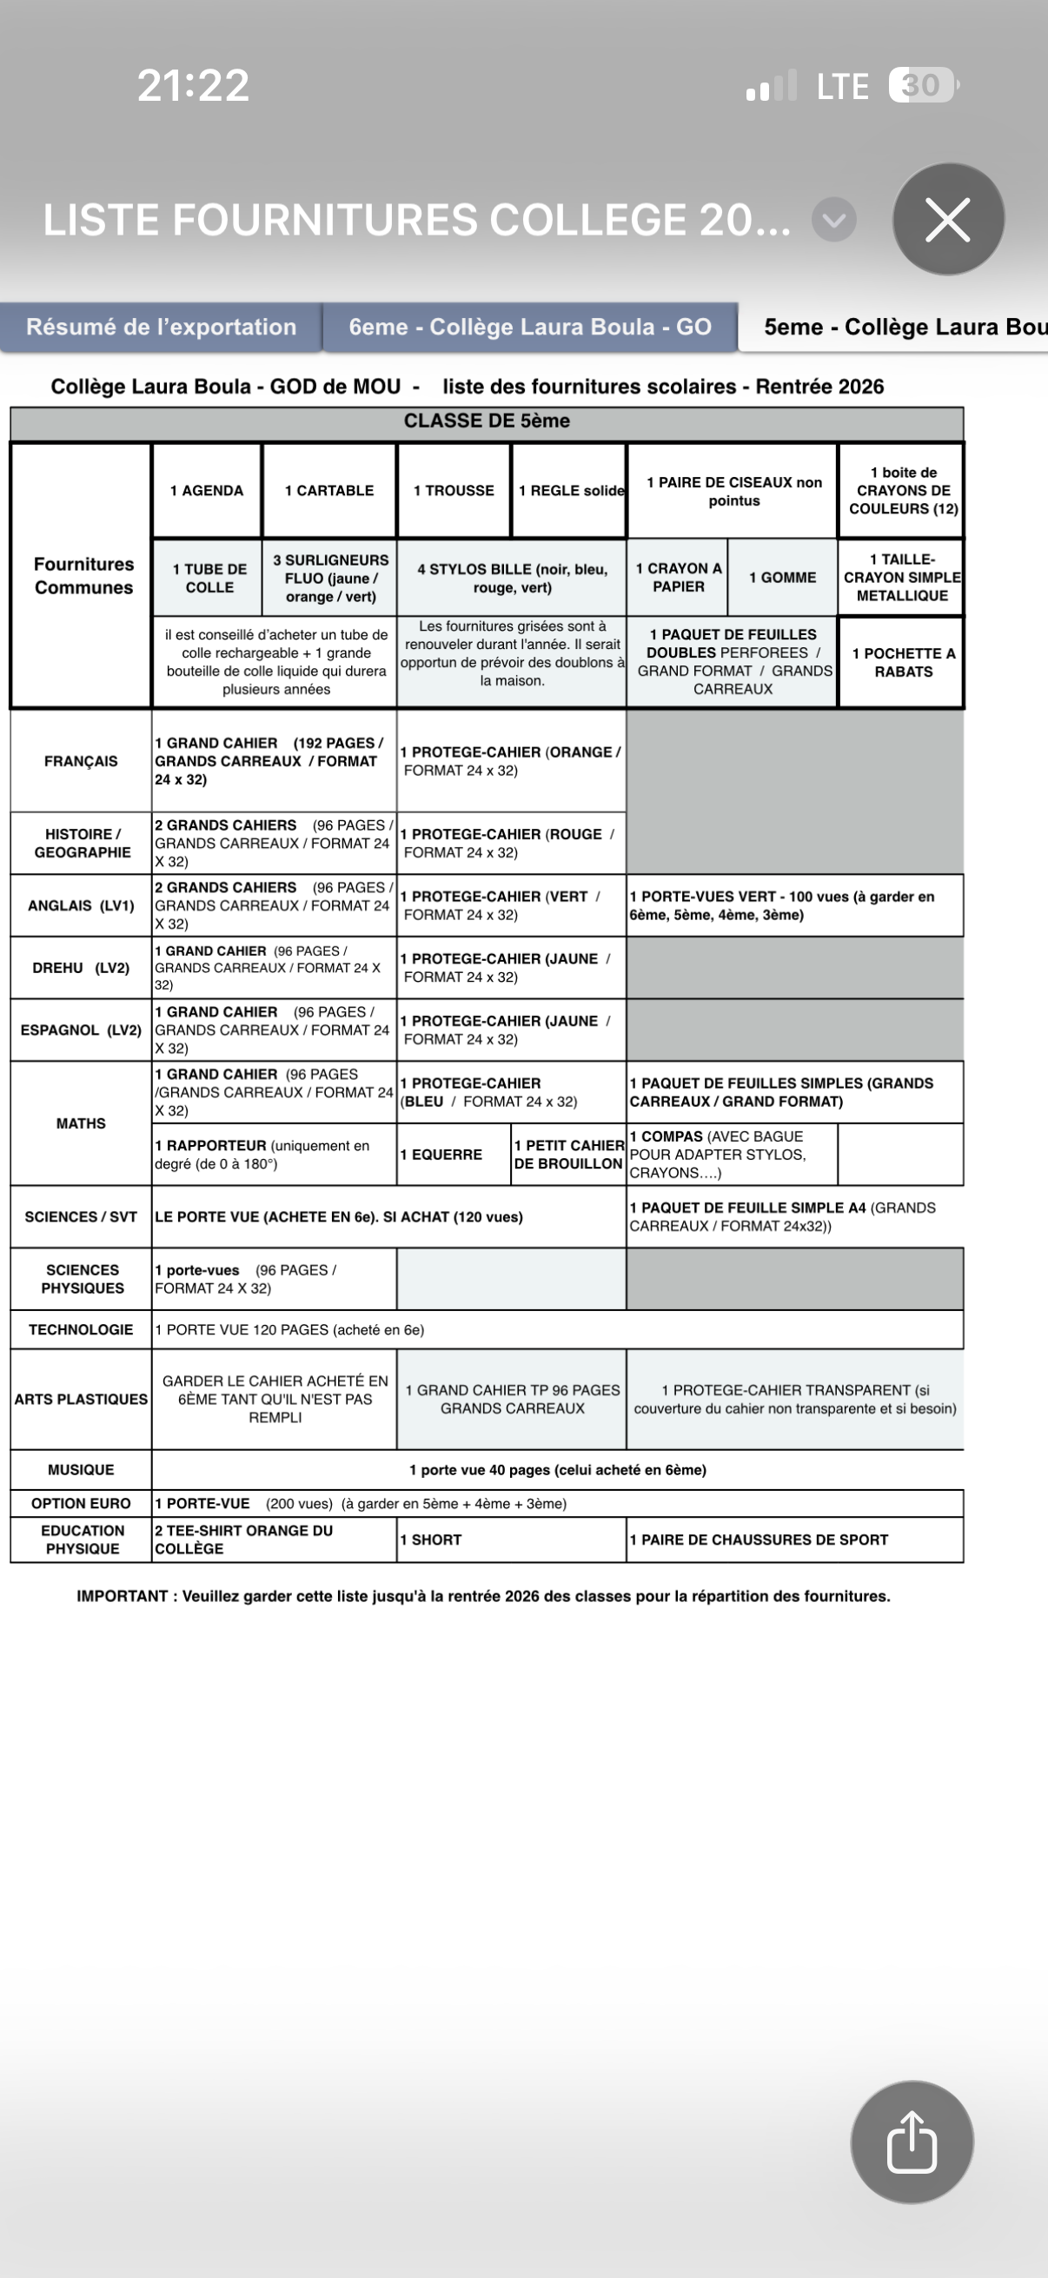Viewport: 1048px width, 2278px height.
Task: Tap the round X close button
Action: tap(947, 219)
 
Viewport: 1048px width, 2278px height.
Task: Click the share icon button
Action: tap(911, 2141)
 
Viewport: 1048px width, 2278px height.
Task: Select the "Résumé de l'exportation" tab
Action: tap(161, 328)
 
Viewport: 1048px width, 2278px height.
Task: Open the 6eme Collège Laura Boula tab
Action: tap(530, 328)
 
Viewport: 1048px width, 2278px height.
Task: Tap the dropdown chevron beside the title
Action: tap(833, 220)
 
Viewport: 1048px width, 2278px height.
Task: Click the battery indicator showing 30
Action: tap(921, 85)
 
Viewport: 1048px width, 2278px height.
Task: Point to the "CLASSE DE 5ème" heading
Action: tap(487, 421)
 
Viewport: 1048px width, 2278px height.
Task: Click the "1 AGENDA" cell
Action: tap(207, 491)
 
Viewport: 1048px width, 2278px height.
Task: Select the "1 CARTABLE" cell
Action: tap(329, 491)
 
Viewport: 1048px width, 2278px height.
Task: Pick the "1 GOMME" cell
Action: tap(782, 578)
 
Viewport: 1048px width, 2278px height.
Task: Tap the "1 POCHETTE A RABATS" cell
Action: tap(903, 662)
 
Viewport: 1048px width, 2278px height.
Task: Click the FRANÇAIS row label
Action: tap(81, 761)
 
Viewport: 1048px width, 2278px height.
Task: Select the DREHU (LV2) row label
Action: tap(81, 969)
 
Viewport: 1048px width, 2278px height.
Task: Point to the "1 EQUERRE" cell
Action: tap(454, 1155)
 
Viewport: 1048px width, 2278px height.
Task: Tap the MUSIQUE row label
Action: tap(81, 1470)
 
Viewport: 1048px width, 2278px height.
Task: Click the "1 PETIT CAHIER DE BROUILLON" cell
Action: tap(568, 1155)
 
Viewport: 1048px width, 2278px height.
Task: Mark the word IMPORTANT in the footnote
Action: tap(122, 1596)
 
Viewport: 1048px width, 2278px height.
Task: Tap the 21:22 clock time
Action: tap(193, 86)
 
